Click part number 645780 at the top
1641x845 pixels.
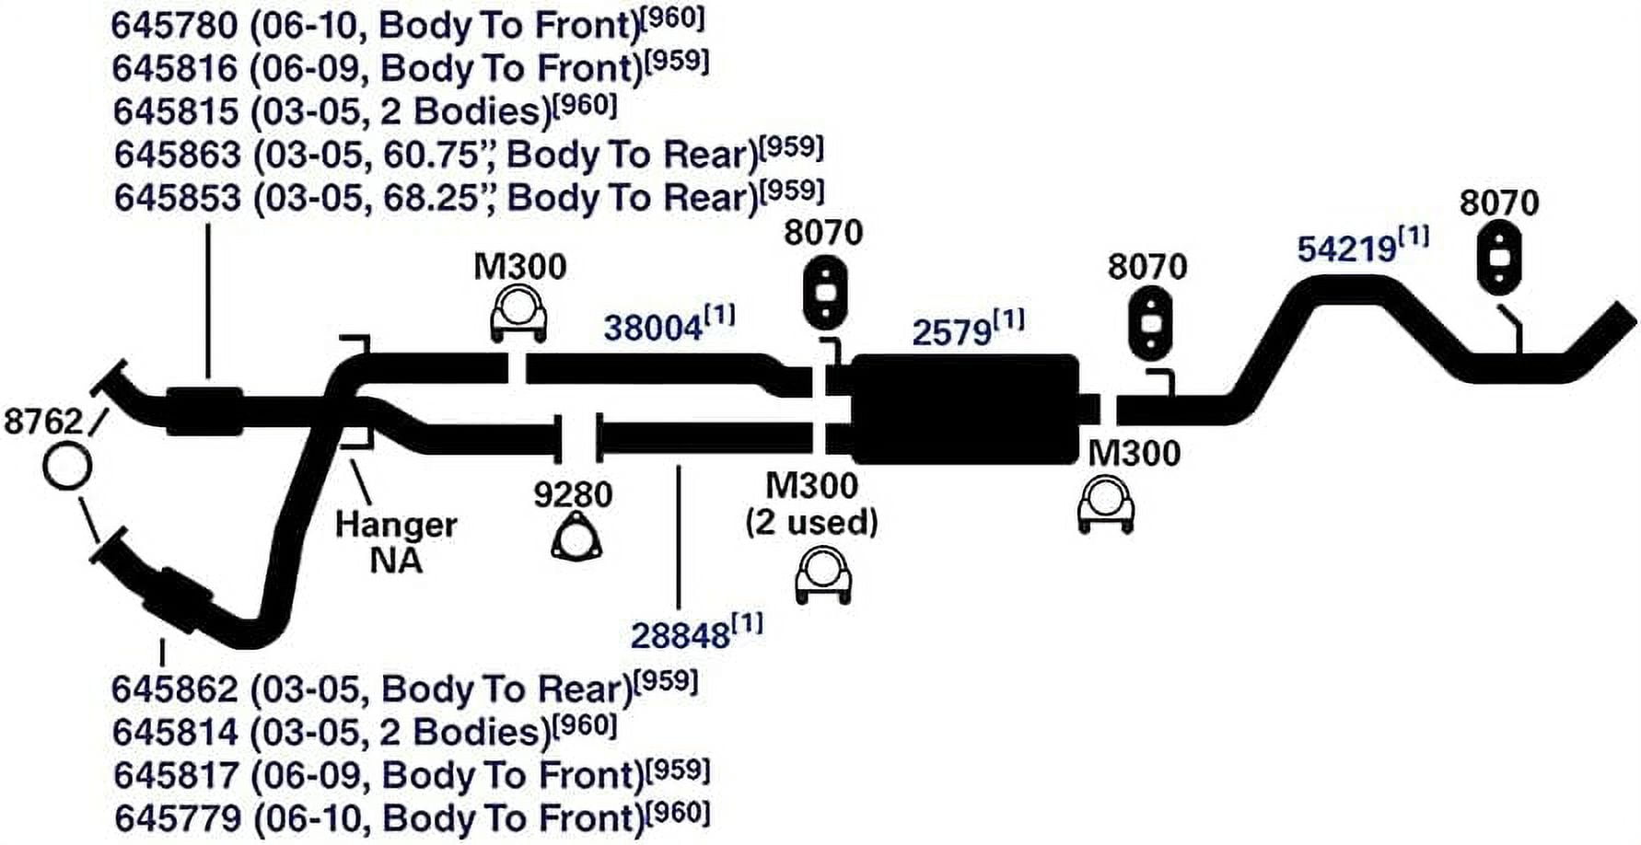[x=174, y=25]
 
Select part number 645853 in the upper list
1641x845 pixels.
[x=177, y=198]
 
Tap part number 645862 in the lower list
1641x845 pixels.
[x=175, y=689]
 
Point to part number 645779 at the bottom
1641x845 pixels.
[x=177, y=817]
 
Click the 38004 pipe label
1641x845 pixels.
[x=652, y=328]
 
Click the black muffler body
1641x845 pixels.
[x=964, y=409]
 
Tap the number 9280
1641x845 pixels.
[x=573, y=494]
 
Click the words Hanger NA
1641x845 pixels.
[x=396, y=542]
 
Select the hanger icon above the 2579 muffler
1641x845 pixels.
[x=825, y=294]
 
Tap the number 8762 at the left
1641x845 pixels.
[x=43, y=422]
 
